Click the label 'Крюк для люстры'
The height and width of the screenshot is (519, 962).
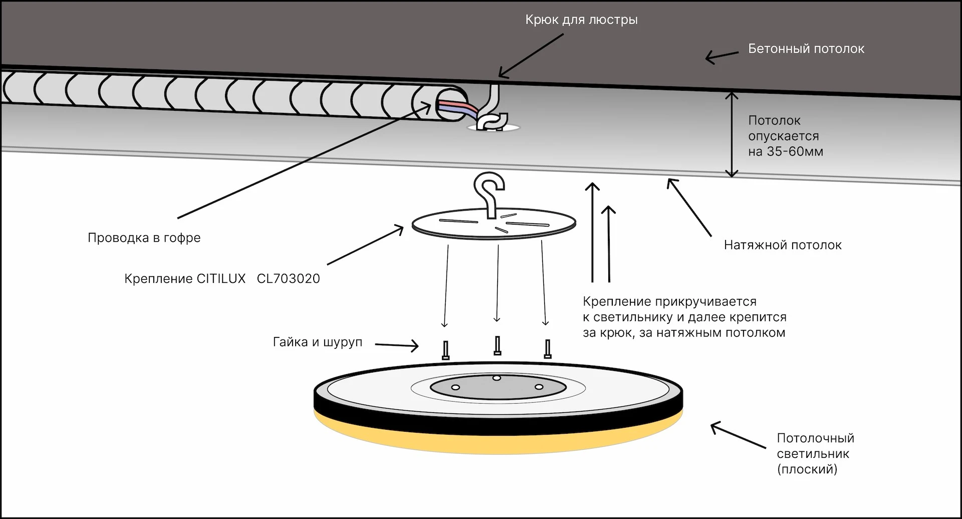581,20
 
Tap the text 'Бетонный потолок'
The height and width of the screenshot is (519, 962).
806,49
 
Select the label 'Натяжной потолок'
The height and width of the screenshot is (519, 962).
782,245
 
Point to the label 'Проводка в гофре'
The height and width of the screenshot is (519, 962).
144,238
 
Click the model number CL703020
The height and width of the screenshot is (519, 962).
288,279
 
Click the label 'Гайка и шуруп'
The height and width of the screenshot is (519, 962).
317,342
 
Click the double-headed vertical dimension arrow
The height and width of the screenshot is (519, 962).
732,134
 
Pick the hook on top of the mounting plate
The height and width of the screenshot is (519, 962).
490,193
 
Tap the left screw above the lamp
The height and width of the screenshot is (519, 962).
445,350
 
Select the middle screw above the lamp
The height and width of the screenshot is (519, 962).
497,345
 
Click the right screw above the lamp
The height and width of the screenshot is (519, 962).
548,349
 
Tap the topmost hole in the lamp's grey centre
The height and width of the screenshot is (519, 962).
496,378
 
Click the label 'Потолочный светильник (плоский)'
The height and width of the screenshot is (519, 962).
815,453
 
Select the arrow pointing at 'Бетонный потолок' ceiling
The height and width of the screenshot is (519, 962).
722,56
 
